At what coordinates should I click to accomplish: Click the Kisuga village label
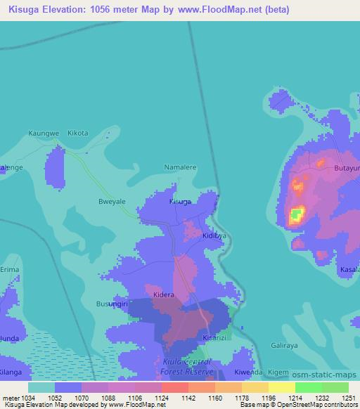coord(180,202)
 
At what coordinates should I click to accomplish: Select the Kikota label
coord(77,133)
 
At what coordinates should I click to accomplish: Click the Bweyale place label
coord(111,201)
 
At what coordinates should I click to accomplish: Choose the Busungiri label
coord(112,304)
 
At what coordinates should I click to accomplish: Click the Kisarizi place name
coord(214,338)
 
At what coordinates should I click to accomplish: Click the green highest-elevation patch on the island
coord(297,213)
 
